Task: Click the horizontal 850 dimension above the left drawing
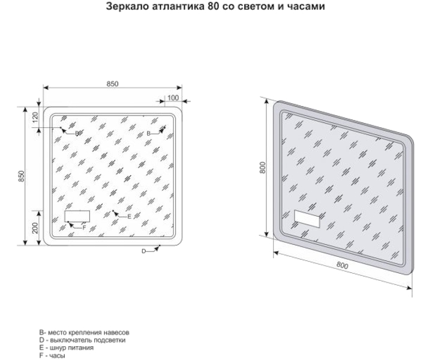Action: coord(112,84)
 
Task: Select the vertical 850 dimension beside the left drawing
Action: coord(22,176)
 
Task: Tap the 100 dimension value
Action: coord(173,98)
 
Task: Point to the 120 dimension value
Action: coord(35,118)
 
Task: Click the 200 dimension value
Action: coord(35,228)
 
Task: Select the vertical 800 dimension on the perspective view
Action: coord(263,167)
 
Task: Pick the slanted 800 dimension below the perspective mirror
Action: coord(342,265)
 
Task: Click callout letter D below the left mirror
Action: coord(143,251)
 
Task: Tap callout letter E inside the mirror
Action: coord(129,217)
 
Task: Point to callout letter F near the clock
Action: coord(85,227)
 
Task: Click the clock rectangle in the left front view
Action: coord(77,216)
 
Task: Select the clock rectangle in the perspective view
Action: coord(307,219)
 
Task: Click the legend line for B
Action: coord(85,332)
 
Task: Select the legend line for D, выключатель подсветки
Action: coord(82,340)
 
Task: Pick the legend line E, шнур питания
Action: coord(67,347)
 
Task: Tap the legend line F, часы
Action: coord(52,355)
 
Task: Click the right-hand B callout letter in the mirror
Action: coord(148,134)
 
